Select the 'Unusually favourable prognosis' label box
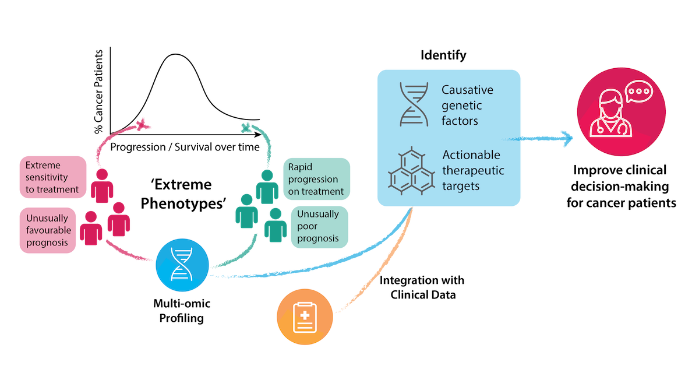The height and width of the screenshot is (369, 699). point(48,230)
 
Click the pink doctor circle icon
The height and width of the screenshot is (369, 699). point(620,112)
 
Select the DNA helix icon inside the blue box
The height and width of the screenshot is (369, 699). point(414,104)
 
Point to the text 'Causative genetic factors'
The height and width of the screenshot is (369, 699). point(467,106)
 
